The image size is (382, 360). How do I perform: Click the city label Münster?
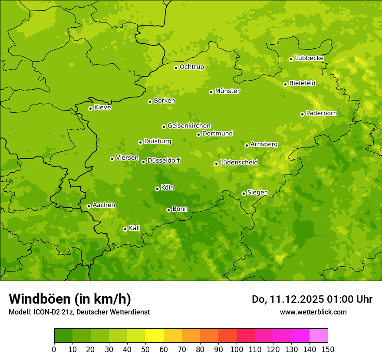pos(227,91)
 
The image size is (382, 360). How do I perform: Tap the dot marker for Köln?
pos(157,189)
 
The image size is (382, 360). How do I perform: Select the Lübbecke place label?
pos(309,58)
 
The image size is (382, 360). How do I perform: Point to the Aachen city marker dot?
pos(89,206)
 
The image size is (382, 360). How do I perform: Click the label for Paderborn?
pos(321,113)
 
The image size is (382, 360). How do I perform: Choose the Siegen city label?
pos(257,193)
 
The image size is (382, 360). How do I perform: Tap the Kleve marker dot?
pos(90,108)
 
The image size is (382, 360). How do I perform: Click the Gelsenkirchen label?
pos(189,126)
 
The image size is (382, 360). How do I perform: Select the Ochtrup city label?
pos(191,67)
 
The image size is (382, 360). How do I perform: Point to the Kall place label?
pos(135,228)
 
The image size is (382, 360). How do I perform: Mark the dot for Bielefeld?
pos(285,84)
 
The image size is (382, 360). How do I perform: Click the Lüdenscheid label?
pos(239,163)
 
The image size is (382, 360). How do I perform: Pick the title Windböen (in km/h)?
pos(70,299)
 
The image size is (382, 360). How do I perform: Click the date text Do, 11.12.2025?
pos(287,299)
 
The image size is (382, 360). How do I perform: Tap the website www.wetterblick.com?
pos(313,312)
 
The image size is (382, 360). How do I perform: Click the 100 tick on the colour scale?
pos(237,349)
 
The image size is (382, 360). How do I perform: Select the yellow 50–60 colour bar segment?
pos(155,336)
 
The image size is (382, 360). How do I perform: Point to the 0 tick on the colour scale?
pos(54,349)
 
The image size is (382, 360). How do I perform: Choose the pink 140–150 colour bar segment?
pos(319,336)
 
